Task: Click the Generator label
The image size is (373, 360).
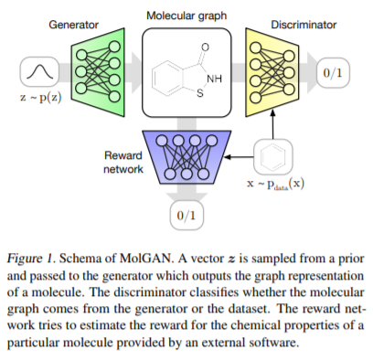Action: [x=72, y=23]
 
